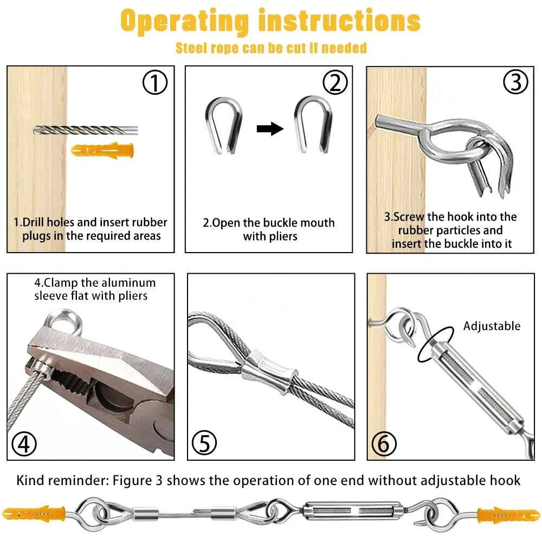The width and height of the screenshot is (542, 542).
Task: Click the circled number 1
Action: coord(155,82)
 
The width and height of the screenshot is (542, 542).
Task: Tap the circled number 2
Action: coord(335,82)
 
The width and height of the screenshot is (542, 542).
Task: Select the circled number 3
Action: coord(515,82)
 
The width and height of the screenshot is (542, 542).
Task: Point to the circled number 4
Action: coord(24,444)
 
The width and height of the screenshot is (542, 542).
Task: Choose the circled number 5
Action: coord(204,443)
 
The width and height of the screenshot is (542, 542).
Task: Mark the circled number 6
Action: coord(384,444)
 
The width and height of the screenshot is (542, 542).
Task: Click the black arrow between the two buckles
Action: coord(270,129)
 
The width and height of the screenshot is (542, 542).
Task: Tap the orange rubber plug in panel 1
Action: coord(102,150)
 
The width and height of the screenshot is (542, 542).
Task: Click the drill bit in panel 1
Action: coord(86,130)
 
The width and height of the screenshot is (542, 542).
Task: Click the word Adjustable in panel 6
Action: coord(492,326)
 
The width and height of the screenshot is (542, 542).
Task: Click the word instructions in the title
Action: coord(339,20)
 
